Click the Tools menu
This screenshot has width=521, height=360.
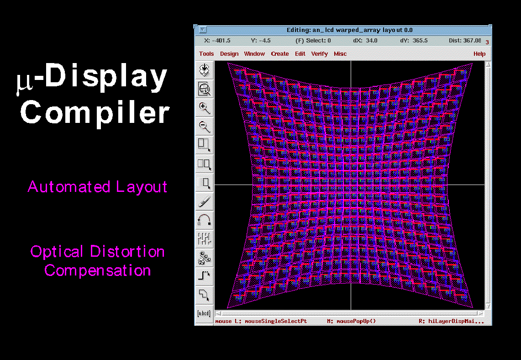(x=206, y=54)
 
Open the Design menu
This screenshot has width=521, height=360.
(x=229, y=54)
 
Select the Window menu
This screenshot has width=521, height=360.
(x=254, y=54)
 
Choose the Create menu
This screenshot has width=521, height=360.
(x=280, y=54)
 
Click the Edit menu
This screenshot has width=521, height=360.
(x=300, y=54)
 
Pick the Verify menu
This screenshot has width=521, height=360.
(x=320, y=54)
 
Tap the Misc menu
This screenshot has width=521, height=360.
(x=340, y=54)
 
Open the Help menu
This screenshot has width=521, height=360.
(x=479, y=54)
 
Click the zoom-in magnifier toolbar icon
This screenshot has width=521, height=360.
(x=204, y=108)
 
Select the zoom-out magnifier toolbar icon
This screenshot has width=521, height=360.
(x=204, y=126)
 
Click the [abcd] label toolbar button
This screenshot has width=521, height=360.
(x=204, y=313)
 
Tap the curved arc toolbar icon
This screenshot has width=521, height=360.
(x=204, y=220)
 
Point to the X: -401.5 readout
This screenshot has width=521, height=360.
(x=217, y=41)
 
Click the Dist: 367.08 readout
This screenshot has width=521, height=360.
(x=465, y=41)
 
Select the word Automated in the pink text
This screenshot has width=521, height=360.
(x=69, y=186)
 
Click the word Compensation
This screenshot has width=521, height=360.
(x=98, y=270)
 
